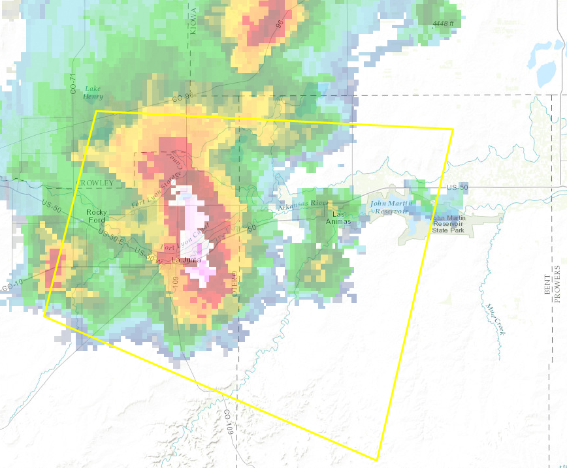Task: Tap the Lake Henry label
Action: point(93,92)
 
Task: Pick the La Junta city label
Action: point(184,260)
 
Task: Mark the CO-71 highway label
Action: point(73,84)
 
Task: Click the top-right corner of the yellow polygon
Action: point(453,129)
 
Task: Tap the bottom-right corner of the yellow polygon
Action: point(378,460)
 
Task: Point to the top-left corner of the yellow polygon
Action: point(96,111)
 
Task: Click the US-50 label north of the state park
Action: point(457,187)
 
